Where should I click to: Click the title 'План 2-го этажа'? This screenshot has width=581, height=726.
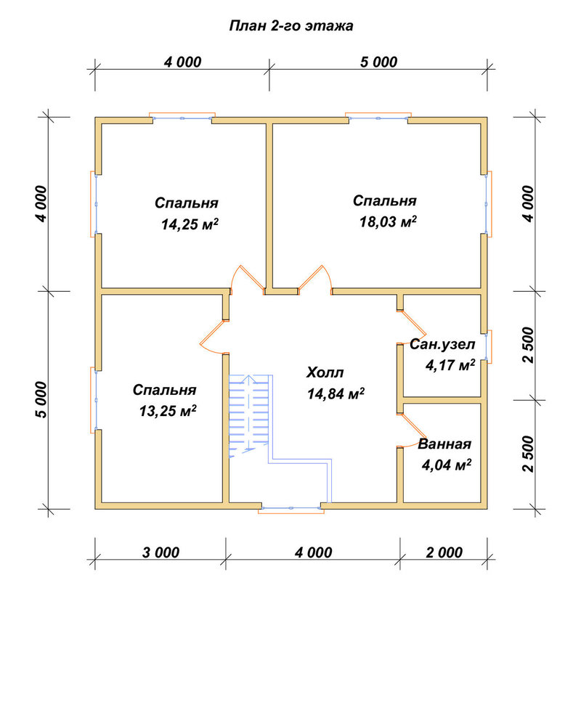(291, 26)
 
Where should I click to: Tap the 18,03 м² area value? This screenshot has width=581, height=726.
(388, 221)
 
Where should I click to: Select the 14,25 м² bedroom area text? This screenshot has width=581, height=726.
(190, 224)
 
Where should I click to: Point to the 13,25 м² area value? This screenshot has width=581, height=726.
(168, 411)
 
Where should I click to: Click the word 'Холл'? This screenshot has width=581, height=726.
(325, 372)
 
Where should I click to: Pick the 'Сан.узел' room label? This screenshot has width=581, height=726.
(442, 344)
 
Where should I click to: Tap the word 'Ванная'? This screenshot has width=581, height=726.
(444, 444)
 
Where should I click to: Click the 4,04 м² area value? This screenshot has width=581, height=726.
(446, 465)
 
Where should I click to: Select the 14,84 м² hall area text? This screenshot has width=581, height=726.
(336, 393)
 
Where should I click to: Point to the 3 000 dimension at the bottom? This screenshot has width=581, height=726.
(161, 552)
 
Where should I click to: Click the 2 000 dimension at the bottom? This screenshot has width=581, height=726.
(444, 552)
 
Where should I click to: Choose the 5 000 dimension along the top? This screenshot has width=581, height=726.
(378, 62)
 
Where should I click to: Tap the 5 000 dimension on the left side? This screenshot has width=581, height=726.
(41, 400)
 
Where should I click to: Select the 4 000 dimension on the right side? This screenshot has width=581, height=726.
(528, 204)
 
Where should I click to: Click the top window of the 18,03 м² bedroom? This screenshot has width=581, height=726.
(378, 117)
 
